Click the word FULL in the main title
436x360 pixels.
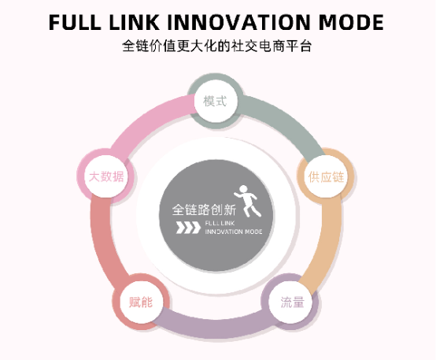pos(75,22)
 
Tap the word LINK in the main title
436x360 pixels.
pos(134,22)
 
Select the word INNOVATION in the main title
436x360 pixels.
pos(238,22)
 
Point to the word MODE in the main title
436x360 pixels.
pos(351,22)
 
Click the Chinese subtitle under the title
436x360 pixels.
pos(217,46)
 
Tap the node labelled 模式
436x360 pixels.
pos(215,101)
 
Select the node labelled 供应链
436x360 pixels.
pos(326,176)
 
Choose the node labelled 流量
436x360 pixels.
pos(292,302)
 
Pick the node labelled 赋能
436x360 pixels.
pos(141,302)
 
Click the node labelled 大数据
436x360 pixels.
pos(106,176)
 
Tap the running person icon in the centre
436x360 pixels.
pos(248,201)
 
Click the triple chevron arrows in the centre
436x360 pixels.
pos(188,228)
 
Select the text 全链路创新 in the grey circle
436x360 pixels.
pos(204,210)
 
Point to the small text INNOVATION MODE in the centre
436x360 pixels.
pos(234,232)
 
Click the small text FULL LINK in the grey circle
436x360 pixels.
pos(220,223)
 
